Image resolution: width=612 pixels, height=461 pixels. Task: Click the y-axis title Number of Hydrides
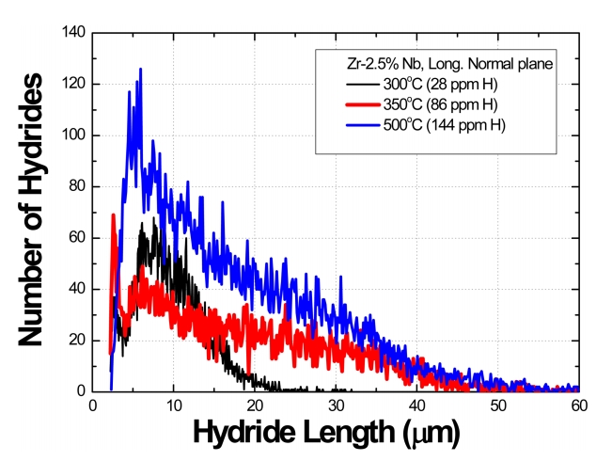pyautogui.click(x=32, y=211)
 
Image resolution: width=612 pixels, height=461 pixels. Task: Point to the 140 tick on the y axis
pyautogui.click(x=73, y=33)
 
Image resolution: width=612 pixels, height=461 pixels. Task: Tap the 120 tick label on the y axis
pyautogui.click(x=73, y=84)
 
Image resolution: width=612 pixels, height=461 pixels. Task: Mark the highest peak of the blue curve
pyautogui.click(x=141, y=69)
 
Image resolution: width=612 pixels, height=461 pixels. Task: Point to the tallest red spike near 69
pyautogui.click(x=114, y=215)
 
